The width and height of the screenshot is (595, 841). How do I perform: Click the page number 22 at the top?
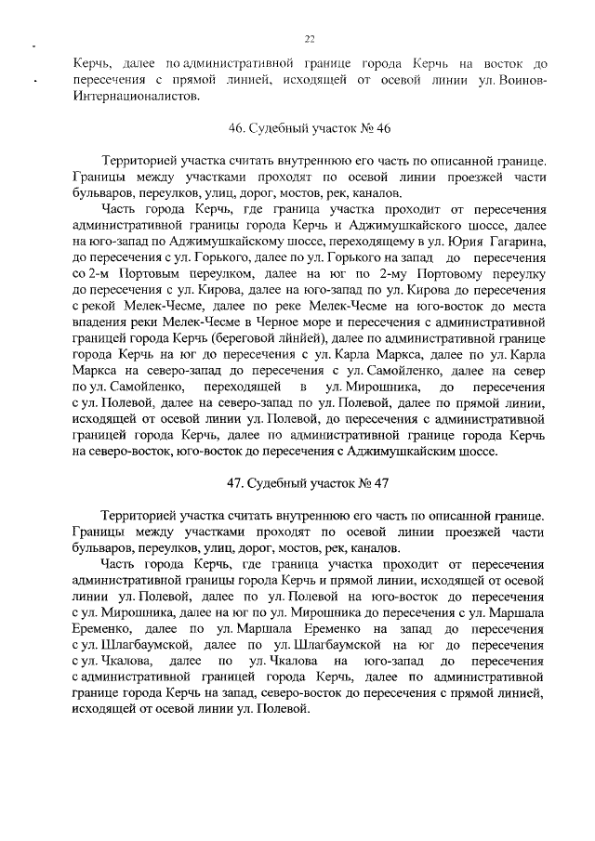point(310,38)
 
